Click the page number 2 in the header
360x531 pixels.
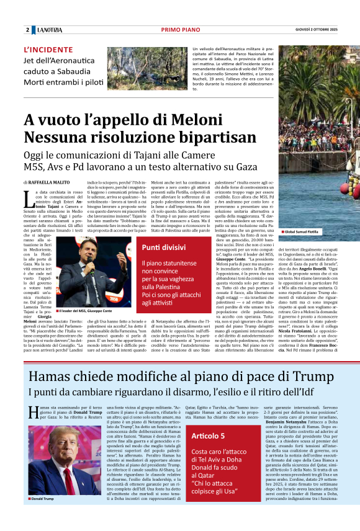click(27, 30)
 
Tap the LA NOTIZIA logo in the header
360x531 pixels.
click(48, 30)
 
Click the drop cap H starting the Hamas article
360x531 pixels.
click(33, 413)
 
